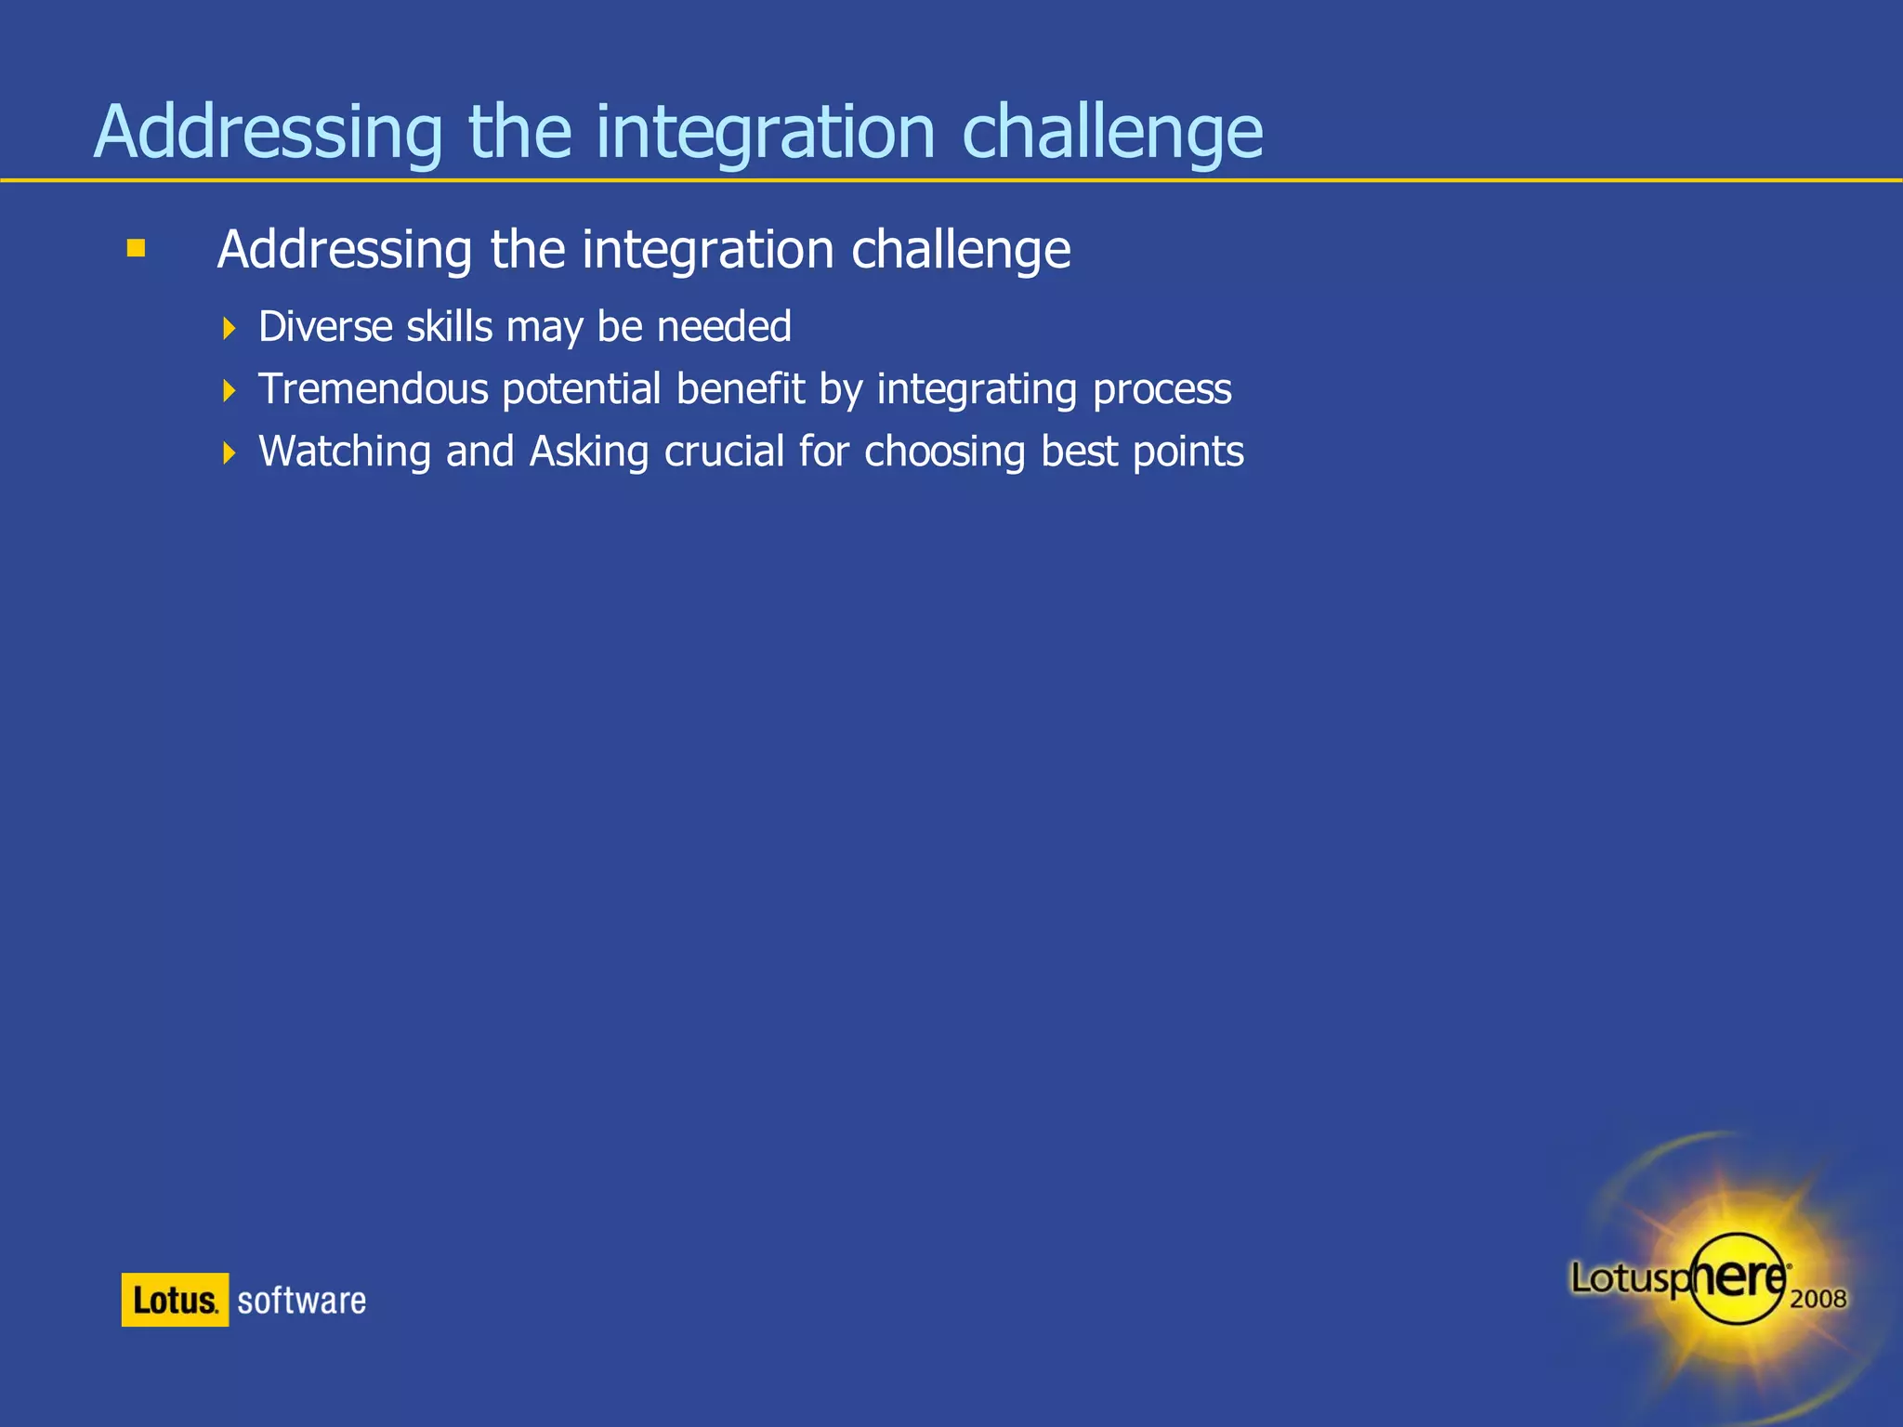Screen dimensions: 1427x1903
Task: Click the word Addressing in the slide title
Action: point(269,133)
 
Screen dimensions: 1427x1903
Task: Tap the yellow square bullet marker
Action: point(137,248)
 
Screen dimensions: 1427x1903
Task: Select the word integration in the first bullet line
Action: point(707,250)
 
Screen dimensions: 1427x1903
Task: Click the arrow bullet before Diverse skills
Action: point(230,328)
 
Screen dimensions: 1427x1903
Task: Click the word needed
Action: point(724,327)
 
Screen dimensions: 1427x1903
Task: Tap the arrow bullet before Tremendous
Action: point(230,390)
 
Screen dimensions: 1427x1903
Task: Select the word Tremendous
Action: point(373,389)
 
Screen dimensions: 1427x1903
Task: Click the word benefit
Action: point(740,389)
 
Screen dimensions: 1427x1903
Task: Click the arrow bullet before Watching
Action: point(230,452)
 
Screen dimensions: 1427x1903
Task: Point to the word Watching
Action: point(345,452)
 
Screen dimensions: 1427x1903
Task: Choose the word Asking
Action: point(589,452)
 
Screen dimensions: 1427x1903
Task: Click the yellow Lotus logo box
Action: point(175,1299)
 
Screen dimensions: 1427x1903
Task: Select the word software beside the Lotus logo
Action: point(301,1300)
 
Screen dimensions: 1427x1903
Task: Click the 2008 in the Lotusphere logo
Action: point(1818,1299)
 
